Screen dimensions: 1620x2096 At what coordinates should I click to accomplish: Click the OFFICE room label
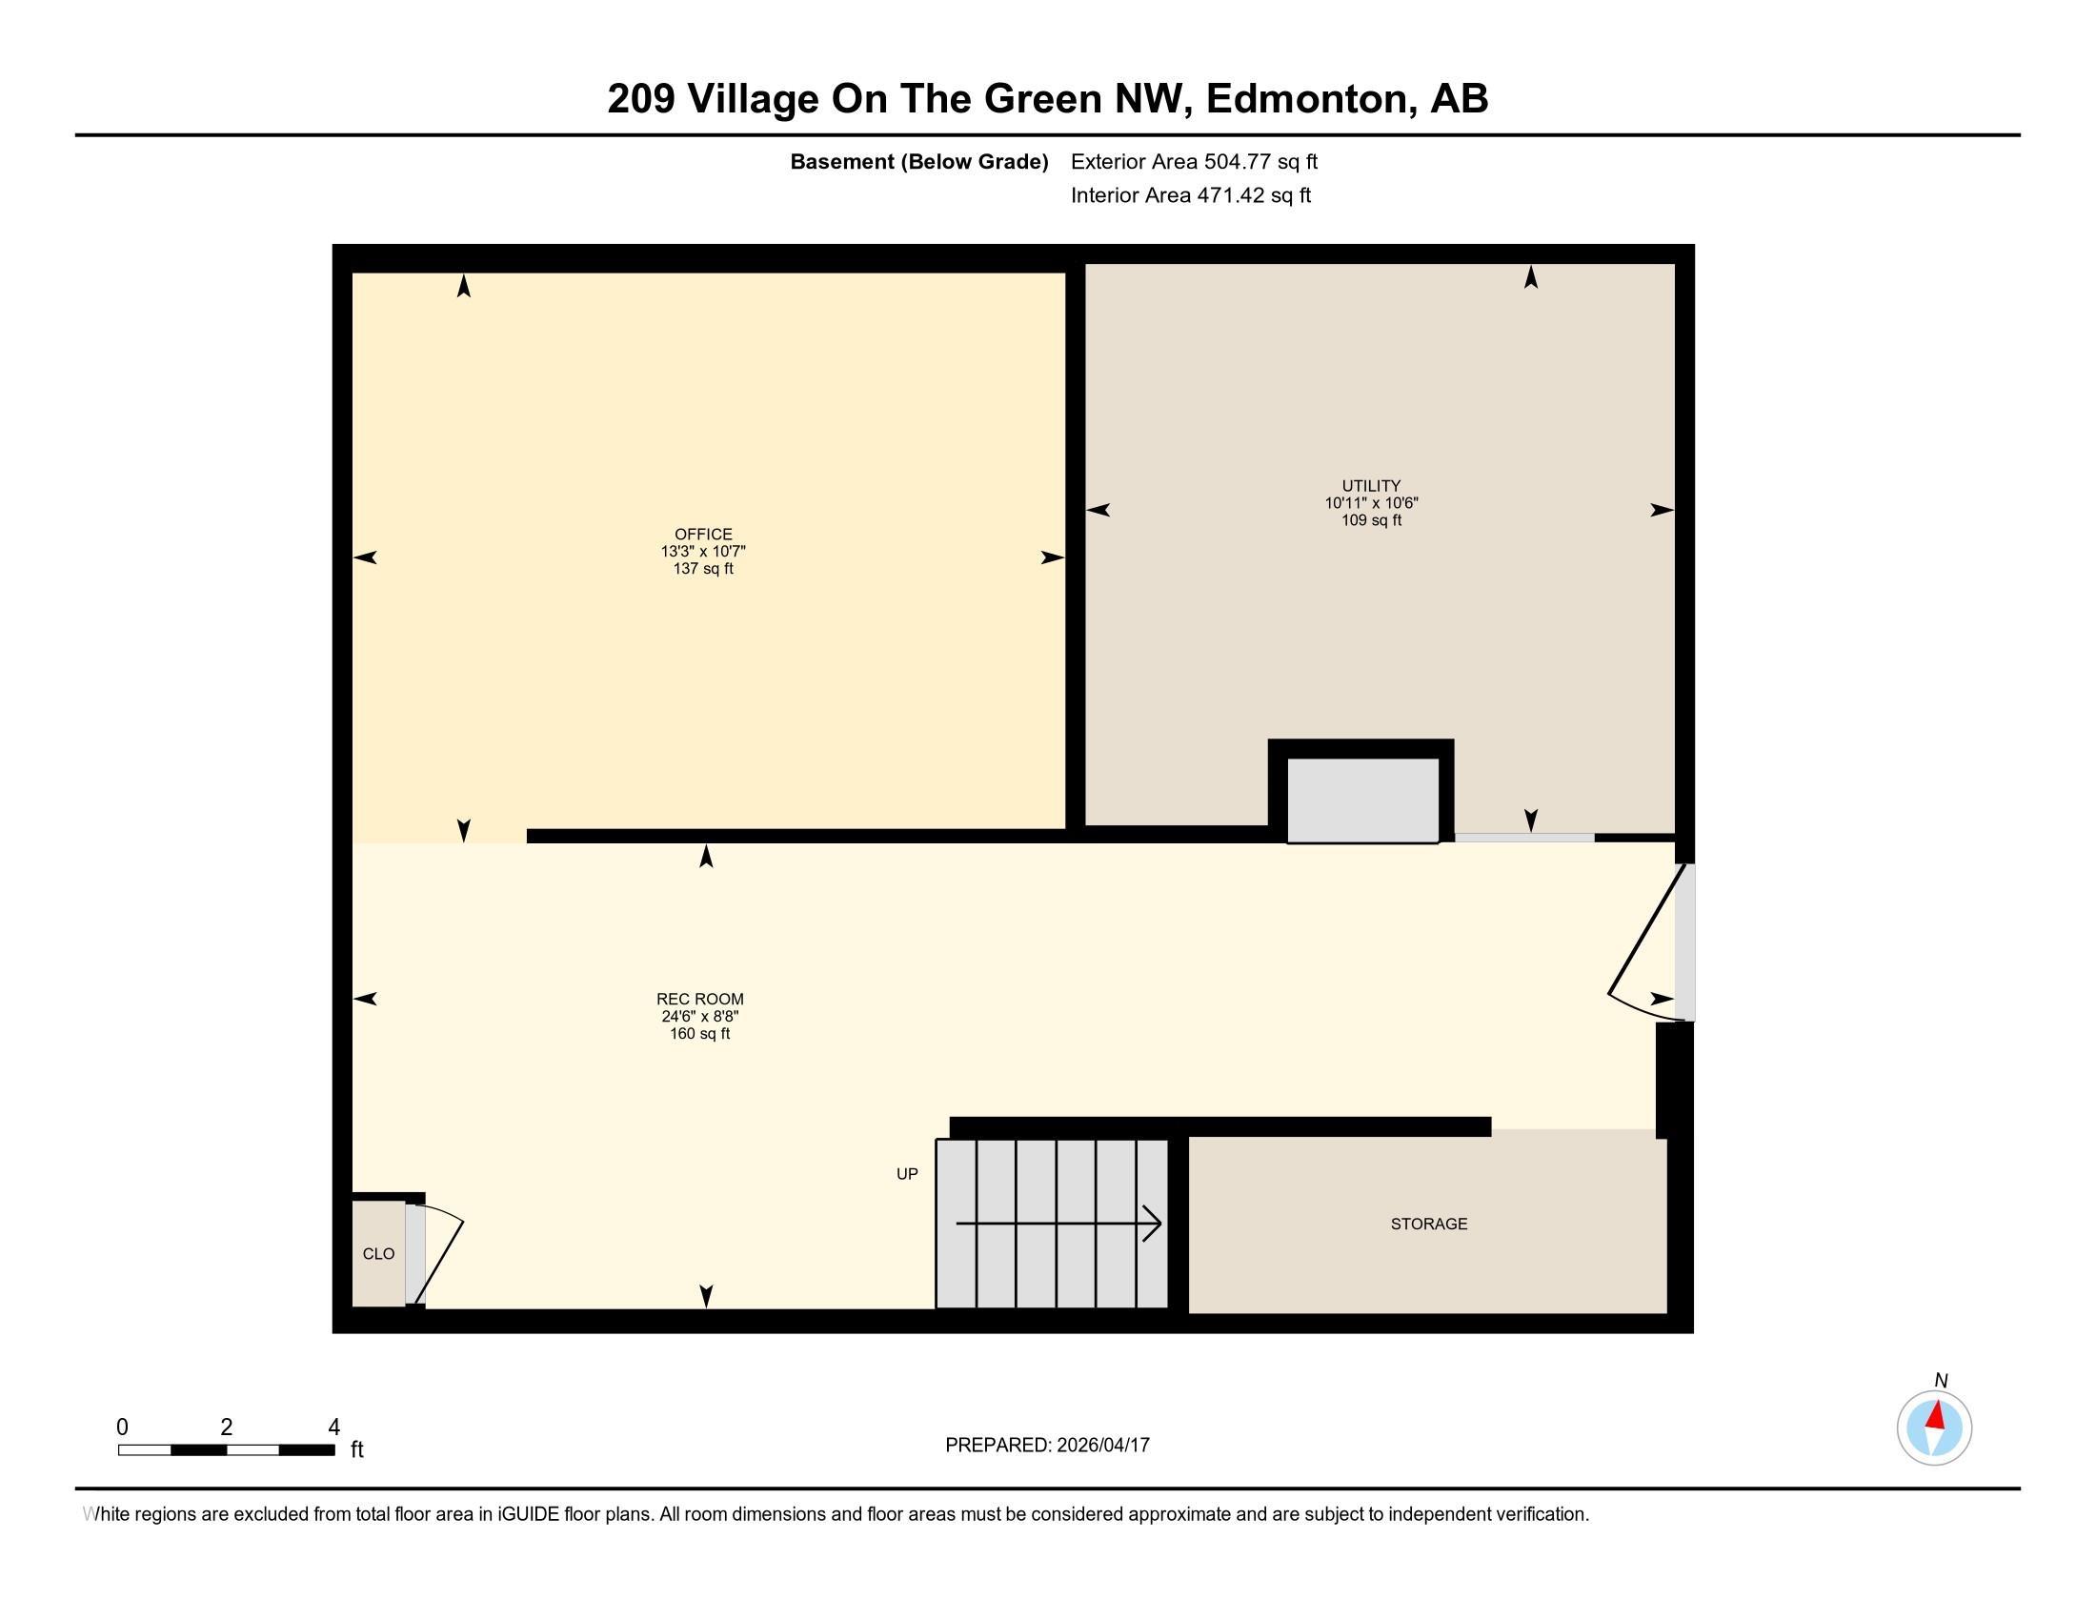click(x=702, y=535)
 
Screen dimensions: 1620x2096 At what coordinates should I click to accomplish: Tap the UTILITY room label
click(x=1370, y=486)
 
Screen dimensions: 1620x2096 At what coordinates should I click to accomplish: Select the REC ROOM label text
click(x=699, y=999)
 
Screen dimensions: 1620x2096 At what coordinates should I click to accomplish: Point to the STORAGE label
click(x=1428, y=1224)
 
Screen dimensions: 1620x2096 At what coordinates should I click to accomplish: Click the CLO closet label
click(x=378, y=1253)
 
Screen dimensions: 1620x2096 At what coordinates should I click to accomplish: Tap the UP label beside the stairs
click(x=907, y=1174)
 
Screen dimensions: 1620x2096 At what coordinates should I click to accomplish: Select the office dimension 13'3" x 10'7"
click(x=702, y=552)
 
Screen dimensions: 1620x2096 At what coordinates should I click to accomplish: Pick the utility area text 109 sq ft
click(x=1370, y=520)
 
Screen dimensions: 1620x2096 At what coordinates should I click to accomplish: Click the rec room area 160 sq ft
click(x=699, y=1034)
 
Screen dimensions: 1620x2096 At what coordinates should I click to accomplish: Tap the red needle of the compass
click(x=1937, y=1415)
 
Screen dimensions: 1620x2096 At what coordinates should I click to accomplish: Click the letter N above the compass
click(x=1941, y=1380)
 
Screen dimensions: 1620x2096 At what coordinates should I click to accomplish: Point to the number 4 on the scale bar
click(x=334, y=1428)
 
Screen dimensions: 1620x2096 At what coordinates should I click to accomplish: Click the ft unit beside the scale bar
click(x=357, y=1449)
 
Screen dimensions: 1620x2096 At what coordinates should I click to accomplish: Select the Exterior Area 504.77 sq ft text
click(x=1194, y=161)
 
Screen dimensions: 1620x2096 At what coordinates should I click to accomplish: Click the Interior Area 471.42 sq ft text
click(x=1190, y=194)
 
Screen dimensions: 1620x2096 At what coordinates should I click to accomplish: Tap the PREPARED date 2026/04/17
click(x=1101, y=1446)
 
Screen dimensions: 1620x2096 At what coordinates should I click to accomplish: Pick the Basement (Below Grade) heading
click(x=918, y=161)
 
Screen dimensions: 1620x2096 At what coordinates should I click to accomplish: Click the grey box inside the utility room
click(x=1361, y=800)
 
